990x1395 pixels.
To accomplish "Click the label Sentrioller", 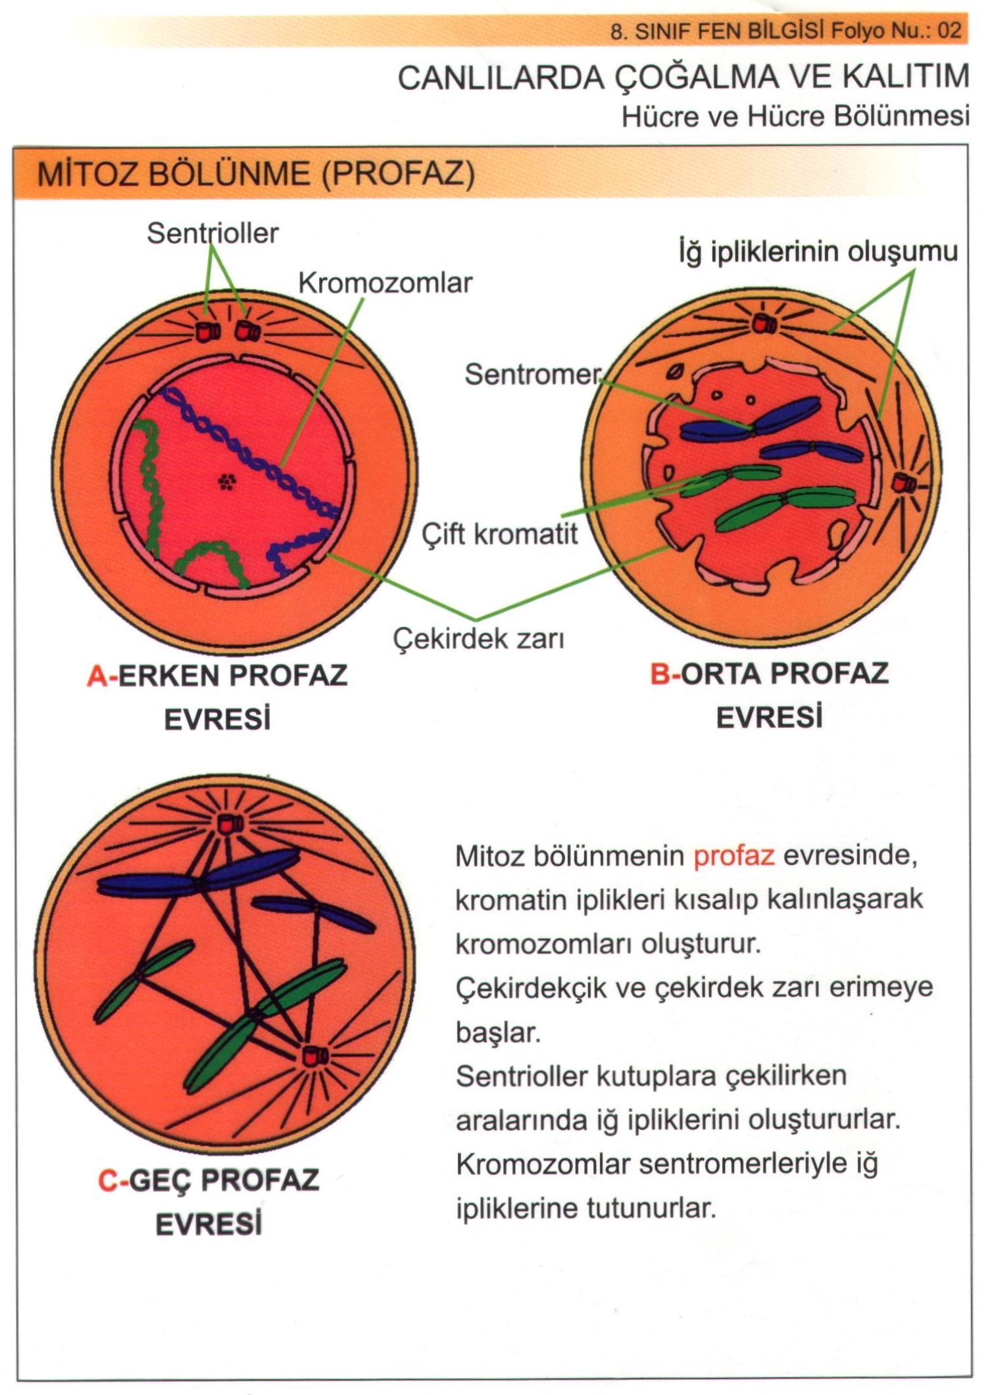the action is (212, 233).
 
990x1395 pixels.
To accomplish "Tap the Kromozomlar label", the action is (385, 283).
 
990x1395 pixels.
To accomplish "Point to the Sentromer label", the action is (532, 375).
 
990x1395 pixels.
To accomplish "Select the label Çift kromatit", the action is (500, 534).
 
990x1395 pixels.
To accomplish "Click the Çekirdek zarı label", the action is (479, 638).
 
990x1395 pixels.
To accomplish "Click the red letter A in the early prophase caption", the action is (97, 676).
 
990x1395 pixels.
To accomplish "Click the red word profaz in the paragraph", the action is (734, 857).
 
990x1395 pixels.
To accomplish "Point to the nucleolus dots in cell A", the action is (227, 483).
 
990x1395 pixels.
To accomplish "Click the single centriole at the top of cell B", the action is (765, 323).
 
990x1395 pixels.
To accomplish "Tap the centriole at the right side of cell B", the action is (903, 484).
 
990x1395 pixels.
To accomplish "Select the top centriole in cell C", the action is (231, 822).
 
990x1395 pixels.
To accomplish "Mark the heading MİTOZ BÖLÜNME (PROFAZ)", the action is (256, 175).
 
